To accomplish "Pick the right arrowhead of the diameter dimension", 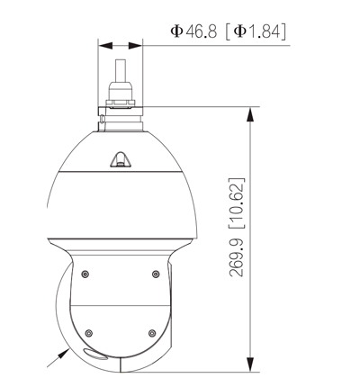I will click(x=136, y=44).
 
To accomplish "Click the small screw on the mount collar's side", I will click(x=104, y=117).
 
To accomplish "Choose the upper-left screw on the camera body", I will click(x=84, y=274).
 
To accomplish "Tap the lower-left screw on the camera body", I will click(x=84, y=331).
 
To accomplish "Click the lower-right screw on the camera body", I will click(x=154, y=331).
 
